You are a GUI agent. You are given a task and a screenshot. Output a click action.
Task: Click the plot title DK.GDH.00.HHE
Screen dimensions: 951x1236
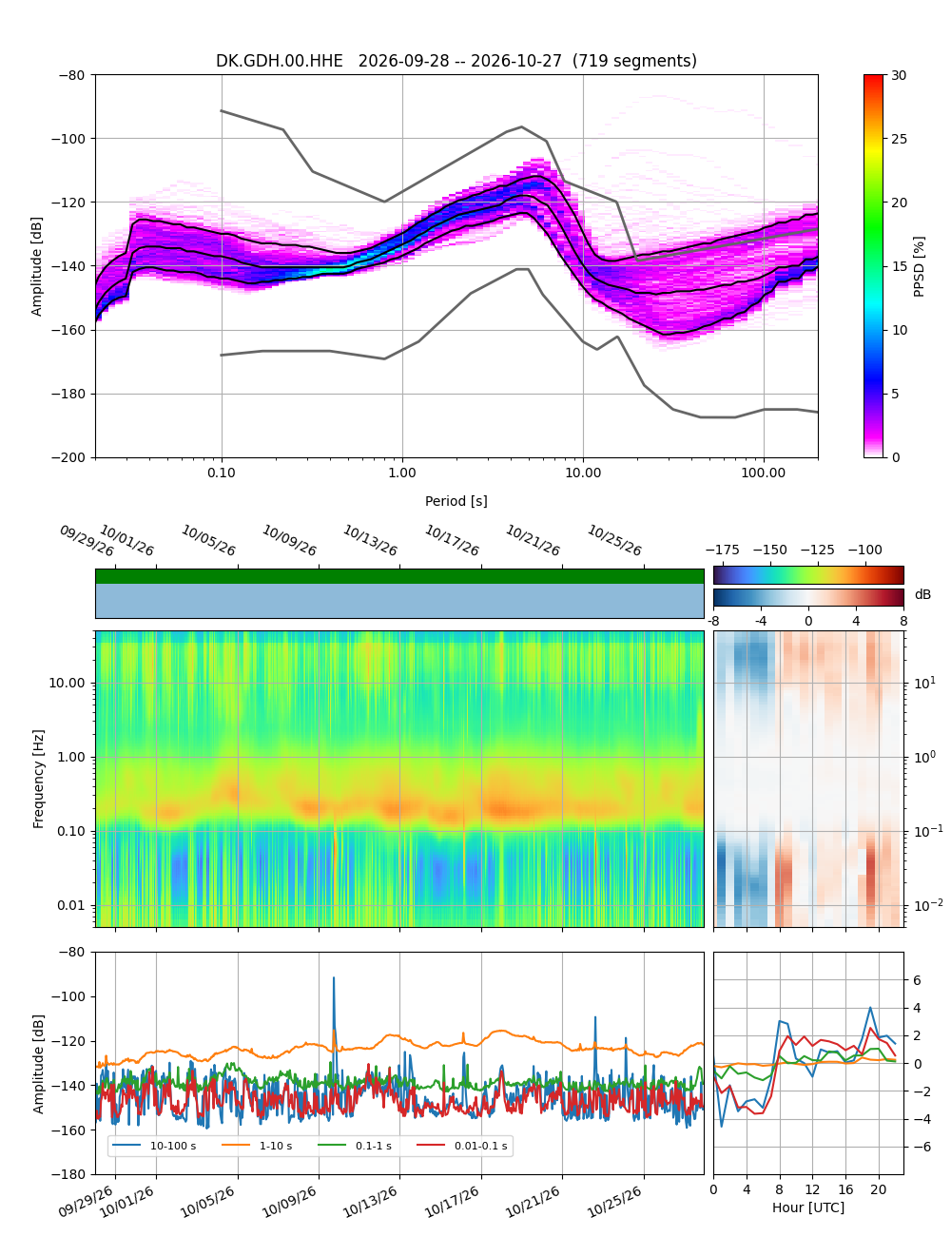pos(279,61)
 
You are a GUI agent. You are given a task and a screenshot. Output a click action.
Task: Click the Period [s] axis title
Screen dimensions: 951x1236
pos(456,500)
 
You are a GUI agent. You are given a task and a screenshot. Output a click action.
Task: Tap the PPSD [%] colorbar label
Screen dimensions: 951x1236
pos(918,266)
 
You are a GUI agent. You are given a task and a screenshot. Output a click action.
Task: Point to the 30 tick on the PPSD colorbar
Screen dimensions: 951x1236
pos(899,75)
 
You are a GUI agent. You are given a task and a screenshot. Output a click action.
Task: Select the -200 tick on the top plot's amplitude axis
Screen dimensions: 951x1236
pos(71,457)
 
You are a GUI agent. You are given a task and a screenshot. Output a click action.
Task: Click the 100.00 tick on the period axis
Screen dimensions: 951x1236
pos(763,473)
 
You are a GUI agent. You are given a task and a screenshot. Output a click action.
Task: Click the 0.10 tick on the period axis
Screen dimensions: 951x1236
pos(222,473)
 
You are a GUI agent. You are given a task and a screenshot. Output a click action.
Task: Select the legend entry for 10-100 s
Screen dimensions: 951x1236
pos(154,1146)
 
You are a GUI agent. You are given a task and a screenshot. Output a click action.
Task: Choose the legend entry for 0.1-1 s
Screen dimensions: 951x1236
pos(355,1146)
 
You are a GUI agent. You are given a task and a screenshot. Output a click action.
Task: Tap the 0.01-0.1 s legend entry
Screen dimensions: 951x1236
pos(461,1146)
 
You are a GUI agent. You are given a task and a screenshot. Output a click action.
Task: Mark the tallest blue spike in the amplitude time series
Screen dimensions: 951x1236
pos(333,977)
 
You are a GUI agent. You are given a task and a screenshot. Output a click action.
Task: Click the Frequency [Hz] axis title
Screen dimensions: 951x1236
pos(38,779)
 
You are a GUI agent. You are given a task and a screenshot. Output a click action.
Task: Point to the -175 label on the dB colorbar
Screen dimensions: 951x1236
pos(723,550)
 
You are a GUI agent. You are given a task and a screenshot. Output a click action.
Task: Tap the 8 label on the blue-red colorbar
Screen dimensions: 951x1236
pos(902,621)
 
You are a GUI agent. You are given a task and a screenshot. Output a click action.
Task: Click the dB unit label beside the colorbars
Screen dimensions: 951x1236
pos(922,594)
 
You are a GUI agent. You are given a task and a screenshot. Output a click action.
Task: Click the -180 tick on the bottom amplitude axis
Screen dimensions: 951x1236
pos(71,1174)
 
